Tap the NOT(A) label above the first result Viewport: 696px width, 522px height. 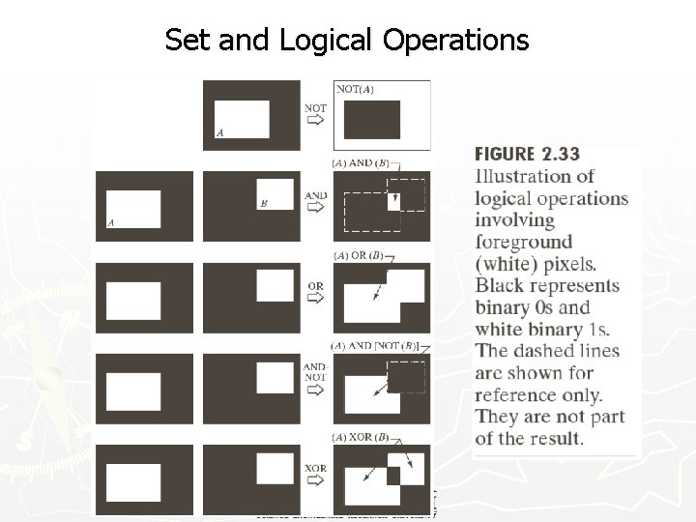[x=355, y=90]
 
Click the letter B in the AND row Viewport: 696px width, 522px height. [x=263, y=204]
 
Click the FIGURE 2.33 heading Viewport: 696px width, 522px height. [x=527, y=155]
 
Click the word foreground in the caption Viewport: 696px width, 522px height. [x=523, y=243]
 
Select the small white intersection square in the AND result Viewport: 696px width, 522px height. [x=393, y=202]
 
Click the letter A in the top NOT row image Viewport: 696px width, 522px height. [x=219, y=132]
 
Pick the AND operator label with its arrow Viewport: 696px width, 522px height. [x=315, y=202]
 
